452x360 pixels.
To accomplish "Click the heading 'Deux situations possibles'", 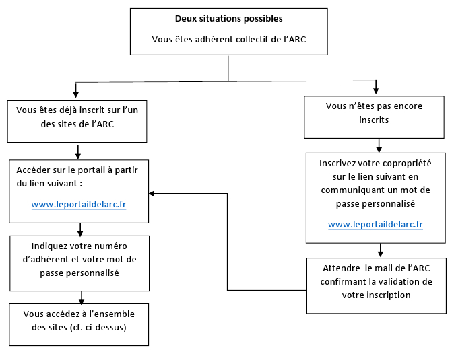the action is click(228, 19).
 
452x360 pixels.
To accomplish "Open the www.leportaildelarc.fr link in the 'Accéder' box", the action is click(79, 204).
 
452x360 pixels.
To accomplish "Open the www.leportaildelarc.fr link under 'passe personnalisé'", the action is click(375, 224).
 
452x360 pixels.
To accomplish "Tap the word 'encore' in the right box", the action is click(408, 106).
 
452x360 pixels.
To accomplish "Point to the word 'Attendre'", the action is click(342, 268).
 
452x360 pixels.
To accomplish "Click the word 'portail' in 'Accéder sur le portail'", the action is click(92, 170).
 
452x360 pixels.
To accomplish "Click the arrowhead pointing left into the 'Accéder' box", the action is click(152, 194).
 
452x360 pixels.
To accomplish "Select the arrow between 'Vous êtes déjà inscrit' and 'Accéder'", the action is click(78, 152).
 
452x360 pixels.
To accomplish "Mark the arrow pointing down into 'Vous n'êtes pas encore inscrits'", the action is click(376, 87).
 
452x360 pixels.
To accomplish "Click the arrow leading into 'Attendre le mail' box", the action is click(381, 250).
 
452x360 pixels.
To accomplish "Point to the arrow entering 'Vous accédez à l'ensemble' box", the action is click(82, 298).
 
